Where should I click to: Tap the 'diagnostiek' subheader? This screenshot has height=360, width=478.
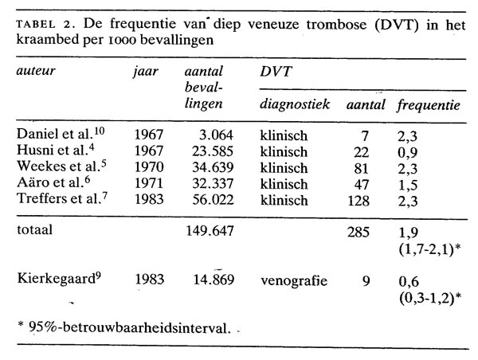(x=293, y=105)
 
